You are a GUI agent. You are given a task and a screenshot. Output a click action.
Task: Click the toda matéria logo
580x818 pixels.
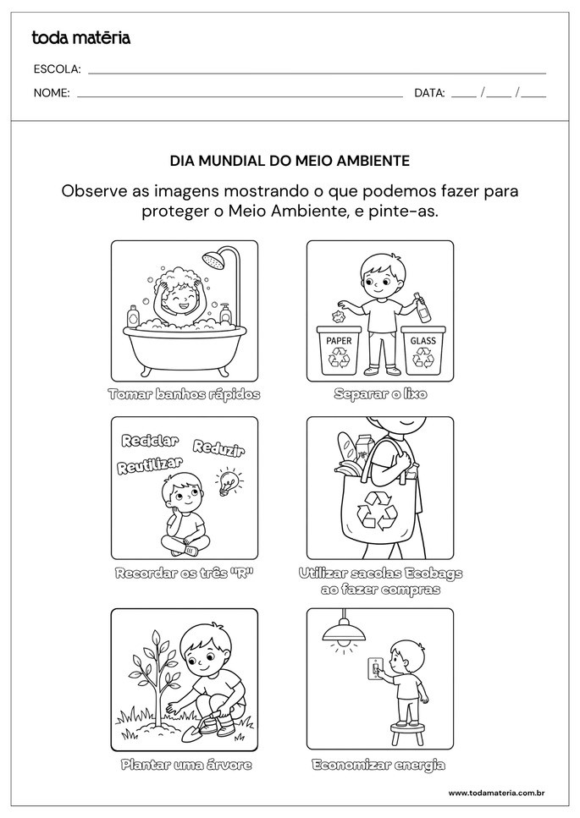click(x=80, y=37)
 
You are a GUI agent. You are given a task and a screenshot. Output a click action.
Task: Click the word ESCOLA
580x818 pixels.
click(x=57, y=69)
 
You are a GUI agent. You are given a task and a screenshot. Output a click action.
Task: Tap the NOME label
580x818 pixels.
click(x=52, y=93)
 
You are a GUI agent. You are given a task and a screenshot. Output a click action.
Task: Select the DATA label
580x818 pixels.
click(x=429, y=93)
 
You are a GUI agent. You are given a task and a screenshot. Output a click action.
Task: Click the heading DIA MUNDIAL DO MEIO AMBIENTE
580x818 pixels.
click(x=290, y=159)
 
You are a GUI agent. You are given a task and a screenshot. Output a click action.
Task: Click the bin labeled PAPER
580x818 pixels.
click(x=339, y=350)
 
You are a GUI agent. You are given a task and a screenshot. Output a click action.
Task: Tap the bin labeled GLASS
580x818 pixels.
click(x=423, y=350)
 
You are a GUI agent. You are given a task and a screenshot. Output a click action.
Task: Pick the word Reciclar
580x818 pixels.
click(x=150, y=441)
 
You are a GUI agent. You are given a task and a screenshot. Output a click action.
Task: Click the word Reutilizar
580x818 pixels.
click(x=151, y=464)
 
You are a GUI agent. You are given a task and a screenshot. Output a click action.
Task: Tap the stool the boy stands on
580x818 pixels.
click(x=406, y=729)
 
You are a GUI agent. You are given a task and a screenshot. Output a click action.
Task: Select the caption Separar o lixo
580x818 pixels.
click(x=380, y=394)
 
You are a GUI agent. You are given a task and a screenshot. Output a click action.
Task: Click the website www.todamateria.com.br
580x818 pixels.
click(x=495, y=793)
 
